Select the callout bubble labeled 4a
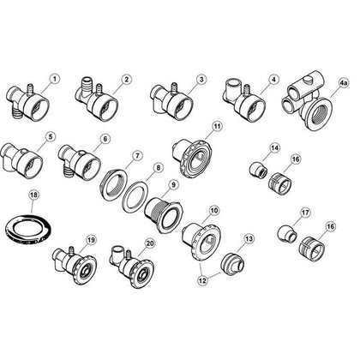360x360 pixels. [x=343, y=83]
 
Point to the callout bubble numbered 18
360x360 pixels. [x=34, y=196]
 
